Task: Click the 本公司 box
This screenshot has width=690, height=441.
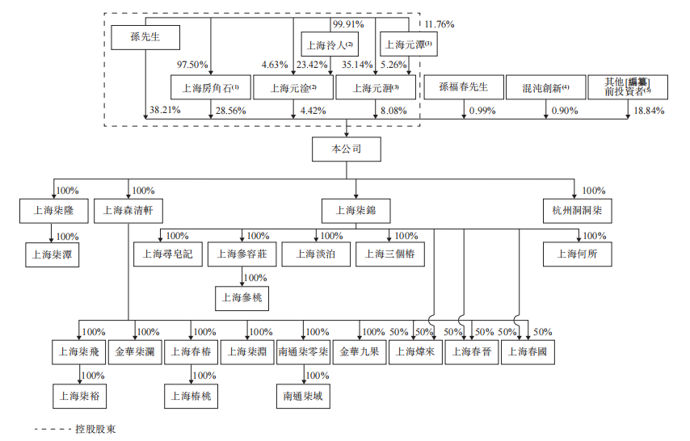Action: [346, 149]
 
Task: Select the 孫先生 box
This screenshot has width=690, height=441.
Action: [145, 37]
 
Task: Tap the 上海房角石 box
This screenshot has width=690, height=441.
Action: [210, 87]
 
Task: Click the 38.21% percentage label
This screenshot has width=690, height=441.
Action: [165, 110]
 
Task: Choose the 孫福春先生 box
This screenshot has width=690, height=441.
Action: [464, 87]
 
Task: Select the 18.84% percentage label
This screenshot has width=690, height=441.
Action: [648, 110]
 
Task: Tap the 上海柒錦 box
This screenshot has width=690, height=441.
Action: [356, 212]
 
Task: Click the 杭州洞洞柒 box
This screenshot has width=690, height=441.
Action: [577, 212]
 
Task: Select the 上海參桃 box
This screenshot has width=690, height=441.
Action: [242, 297]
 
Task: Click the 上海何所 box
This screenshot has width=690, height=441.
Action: [577, 254]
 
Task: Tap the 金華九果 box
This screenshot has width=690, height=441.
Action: [359, 352]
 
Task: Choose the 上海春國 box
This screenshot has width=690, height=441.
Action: [528, 352]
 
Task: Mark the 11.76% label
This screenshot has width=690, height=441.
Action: [440, 25]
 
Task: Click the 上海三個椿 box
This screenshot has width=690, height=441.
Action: [389, 254]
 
